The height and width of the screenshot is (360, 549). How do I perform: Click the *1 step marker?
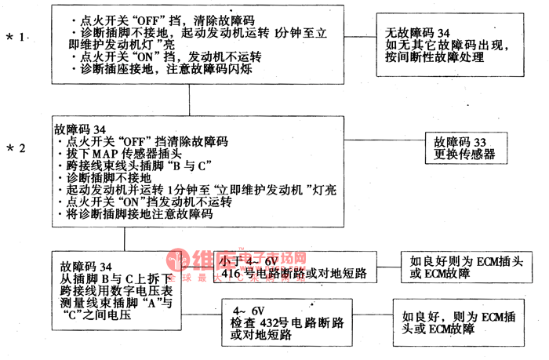click(17, 37)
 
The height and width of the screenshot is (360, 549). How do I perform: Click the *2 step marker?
click(17, 147)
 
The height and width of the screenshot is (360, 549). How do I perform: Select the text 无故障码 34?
click(419, 33)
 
